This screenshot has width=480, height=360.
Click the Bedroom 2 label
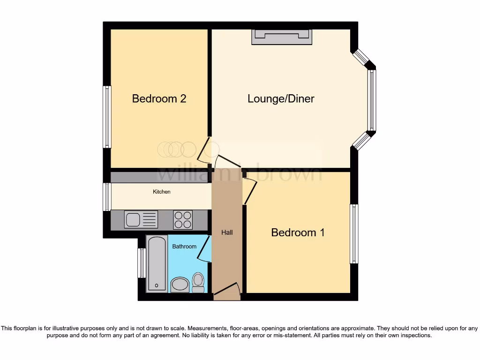pos(159,98)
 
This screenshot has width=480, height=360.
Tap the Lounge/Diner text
pos(281,98)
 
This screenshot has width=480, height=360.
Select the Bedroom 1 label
pos(298,232)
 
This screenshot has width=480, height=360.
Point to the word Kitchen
pos(161,192)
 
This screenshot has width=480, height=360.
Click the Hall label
pos(227,232)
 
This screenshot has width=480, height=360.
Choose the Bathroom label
pos(184,246)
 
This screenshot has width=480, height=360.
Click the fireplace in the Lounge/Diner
pos(282,37)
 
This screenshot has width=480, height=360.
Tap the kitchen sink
pos(141,219)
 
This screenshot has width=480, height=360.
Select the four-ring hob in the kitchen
pos(183,219)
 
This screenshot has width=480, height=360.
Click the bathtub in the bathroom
pos(157,264)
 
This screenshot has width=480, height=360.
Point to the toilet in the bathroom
pos(198,282)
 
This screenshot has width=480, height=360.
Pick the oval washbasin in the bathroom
pos(179,284)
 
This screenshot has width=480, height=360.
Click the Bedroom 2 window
pos(107,117)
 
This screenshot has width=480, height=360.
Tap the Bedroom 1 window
pos(354,233)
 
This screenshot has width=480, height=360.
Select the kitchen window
pos(107,197)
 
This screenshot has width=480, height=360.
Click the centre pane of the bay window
pos(371,100)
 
